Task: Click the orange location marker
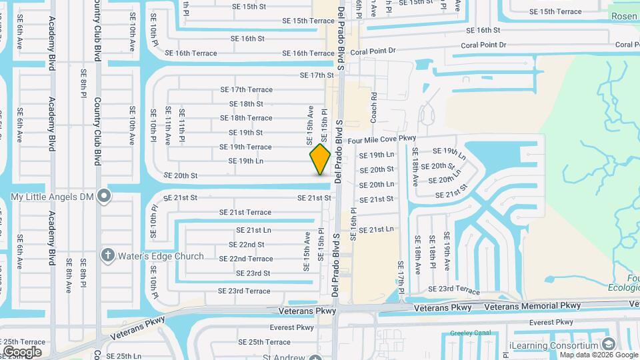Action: click(321, 159)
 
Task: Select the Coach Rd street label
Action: click(374, 107)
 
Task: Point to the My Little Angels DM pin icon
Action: click(103, 196)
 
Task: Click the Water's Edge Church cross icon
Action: click(107, 255)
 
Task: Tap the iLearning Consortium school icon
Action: click(607, 344)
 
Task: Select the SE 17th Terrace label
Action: click(247, 89)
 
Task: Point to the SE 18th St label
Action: click(246, 104)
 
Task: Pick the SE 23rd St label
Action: click(253, 273)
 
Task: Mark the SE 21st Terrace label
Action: click(245, 212)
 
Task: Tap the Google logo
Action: click(23, 351)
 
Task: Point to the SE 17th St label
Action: click(317, 75)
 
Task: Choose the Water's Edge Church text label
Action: click(161, 256)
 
